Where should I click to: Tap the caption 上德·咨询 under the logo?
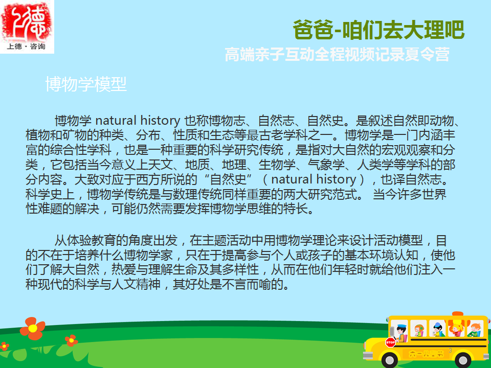(x=26, y=47)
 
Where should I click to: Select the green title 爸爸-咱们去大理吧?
(x=378, y=30)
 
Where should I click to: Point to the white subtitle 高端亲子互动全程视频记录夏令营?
(x=337, y=55)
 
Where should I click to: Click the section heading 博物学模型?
(x=86, y=84)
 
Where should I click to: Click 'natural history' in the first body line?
(x=138, y=121)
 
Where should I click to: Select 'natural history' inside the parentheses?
(x=314, y=179)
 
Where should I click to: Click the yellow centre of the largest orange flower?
(x=33, y=328)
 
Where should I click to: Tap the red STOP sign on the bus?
(x=390, y=342)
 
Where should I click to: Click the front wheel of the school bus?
(x=390, y=360)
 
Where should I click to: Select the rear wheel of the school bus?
(x=463, y=360)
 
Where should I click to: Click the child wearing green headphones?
(x=419, y=330)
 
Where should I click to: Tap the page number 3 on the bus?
(x=450, y=350)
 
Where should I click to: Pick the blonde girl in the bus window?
(x=456, y=330)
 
